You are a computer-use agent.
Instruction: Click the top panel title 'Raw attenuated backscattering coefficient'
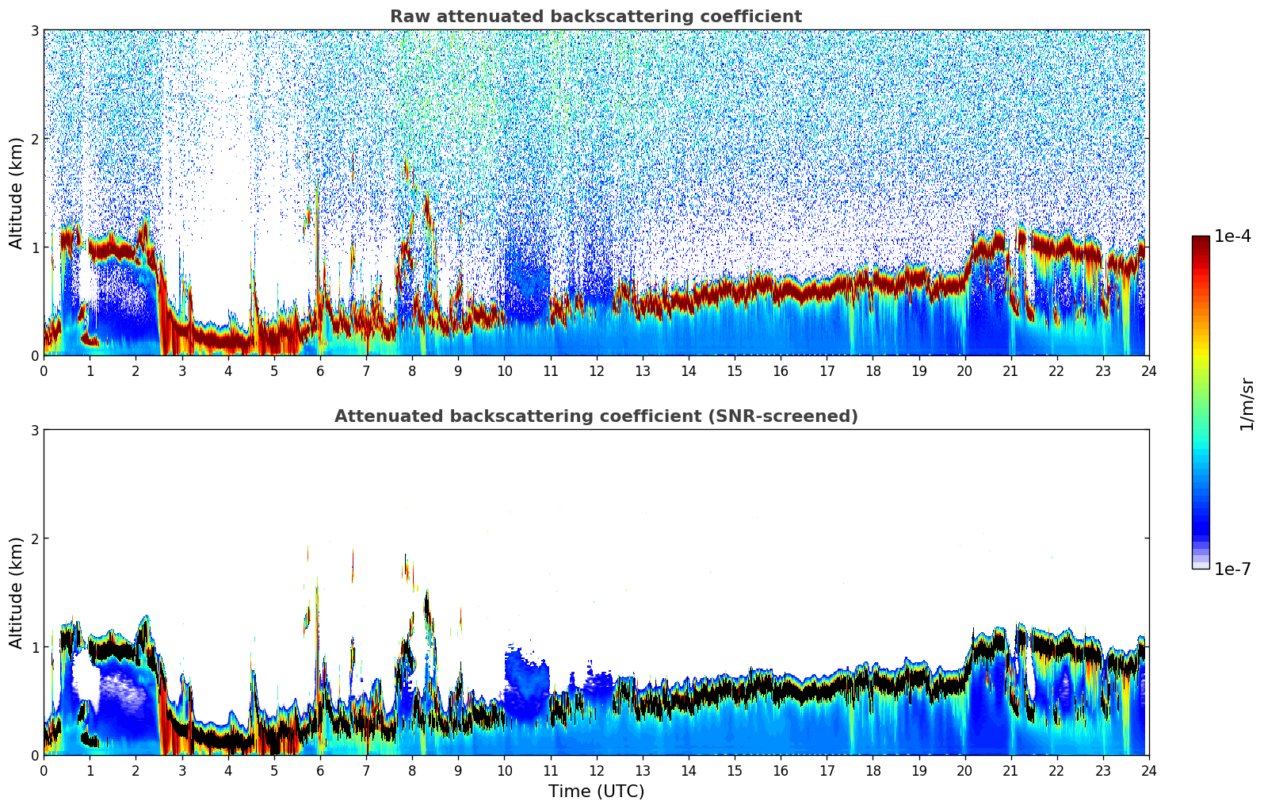click(595, 17)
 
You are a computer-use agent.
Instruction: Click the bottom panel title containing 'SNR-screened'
click(595, 416)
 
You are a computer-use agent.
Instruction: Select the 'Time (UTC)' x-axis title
click(596, 792)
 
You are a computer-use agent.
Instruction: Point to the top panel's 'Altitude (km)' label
click(17, 193)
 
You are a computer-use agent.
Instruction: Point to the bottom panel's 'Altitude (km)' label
click(17, 592)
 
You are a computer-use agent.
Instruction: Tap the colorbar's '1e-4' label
click(1232, 236)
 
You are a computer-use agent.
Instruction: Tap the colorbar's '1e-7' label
click(1232, 569)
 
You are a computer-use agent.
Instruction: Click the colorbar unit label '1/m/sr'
click(1247, 404)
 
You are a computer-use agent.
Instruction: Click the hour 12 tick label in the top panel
click(596, 371)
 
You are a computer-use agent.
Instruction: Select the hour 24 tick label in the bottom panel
click(1148, 771)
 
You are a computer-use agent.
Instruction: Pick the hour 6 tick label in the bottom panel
click(320, 771)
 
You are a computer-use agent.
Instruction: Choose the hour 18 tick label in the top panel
click(873, 371)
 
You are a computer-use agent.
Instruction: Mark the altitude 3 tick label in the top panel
click(35, 30)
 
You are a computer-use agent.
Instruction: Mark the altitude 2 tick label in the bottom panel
click(35, 539)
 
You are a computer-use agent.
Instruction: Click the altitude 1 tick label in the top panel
click(35, 247)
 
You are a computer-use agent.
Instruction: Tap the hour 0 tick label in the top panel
click(44, 371)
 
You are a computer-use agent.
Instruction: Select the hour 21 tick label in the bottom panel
click(1010, 771)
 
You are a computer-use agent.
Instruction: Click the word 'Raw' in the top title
click(407, 17)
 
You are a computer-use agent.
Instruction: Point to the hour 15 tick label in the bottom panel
click(735, 771)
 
